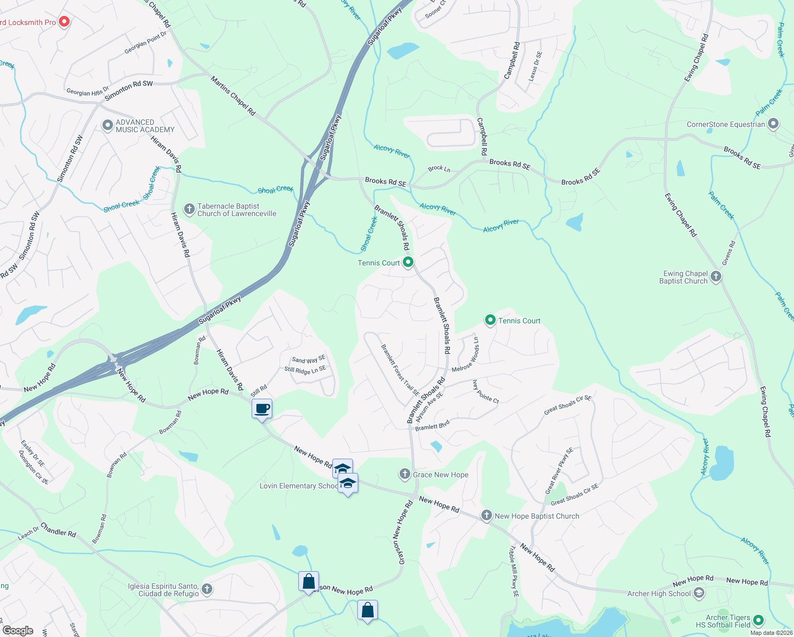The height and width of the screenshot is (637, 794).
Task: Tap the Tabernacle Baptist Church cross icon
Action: [x=189, y=209]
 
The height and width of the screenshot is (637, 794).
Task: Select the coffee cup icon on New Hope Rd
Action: [x=262, y=409]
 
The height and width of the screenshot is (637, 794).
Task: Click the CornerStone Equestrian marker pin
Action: [x=773, y=124]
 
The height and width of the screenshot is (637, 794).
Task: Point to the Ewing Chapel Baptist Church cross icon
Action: [x=716, y=277]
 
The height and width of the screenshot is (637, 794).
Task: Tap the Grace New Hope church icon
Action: [x=405, y=474]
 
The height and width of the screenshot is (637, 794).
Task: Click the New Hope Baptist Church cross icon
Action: [x=487, y=515]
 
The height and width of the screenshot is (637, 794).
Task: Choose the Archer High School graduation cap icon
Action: [x=699, y=593]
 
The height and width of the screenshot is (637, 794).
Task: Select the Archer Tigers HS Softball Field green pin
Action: [x=758, y=620]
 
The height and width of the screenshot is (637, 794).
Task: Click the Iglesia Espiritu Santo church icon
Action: [x=207, y=589]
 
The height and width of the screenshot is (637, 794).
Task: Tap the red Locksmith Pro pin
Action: [x=64, y=22]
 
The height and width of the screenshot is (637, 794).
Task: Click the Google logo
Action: [x=18, y=630]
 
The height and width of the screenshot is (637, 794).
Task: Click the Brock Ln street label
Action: [x=439, y=169]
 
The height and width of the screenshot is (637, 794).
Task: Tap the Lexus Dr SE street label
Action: [x=536, y=66]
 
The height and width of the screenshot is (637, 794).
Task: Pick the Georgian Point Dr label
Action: [x=145, y=42]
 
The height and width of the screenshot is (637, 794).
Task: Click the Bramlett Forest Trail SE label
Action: [x=400, y=370]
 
